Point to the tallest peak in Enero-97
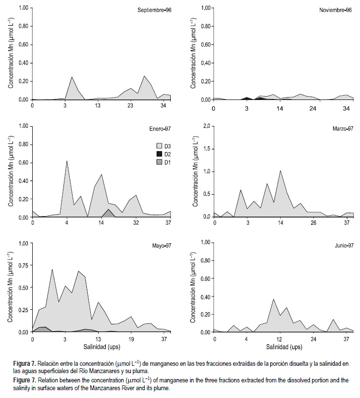(67, 161)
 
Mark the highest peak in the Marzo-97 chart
(280, 170)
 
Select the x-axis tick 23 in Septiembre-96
(130, 106)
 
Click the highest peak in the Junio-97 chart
(274, 299)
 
